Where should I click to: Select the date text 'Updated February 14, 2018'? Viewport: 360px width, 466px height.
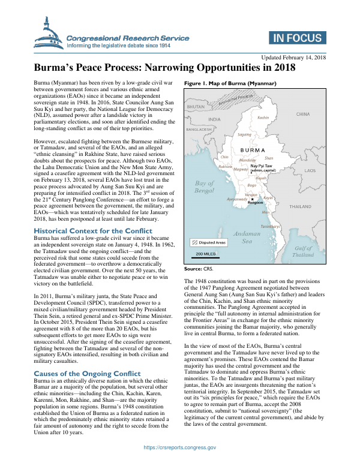point(293,58)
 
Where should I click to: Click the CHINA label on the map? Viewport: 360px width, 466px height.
point(319,113)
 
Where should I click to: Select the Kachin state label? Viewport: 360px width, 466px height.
point(263,118)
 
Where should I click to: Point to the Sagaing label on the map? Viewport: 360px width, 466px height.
point(245,134)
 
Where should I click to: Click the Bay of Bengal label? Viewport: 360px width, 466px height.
point(205,186)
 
